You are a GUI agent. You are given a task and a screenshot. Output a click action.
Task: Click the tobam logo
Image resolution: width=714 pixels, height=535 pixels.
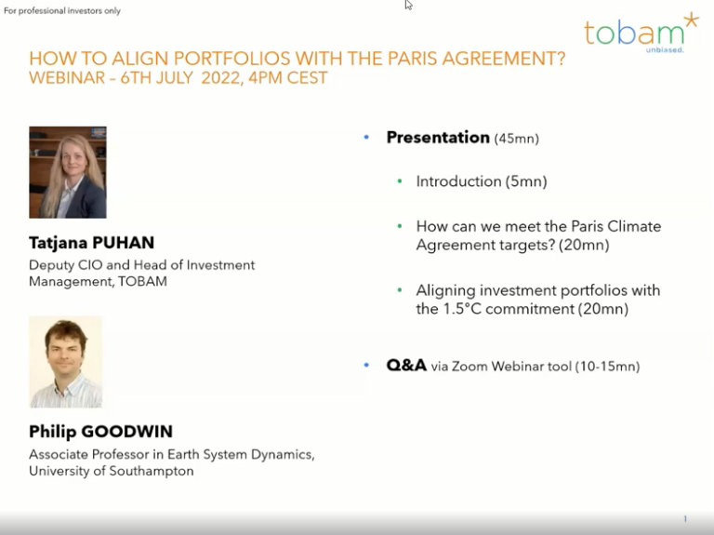coord(641,33)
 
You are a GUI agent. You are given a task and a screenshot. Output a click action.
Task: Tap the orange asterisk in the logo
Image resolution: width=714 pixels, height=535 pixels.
coord(692,20)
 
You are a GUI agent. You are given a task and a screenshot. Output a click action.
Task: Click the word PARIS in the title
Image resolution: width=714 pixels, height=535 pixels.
coord(412,59)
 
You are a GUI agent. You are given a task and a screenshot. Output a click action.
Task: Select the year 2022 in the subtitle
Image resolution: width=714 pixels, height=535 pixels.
coord(220,78)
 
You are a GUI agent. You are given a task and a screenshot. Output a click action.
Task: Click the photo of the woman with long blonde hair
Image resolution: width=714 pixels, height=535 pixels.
coord(68,172)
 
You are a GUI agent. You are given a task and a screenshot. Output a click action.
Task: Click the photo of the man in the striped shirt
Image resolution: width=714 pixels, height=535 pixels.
coord(66,362)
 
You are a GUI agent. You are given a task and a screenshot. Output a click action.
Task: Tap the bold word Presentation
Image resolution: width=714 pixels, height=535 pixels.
coord(438,137)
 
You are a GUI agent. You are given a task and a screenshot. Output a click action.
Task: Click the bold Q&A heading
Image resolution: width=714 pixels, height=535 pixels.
coord(406,365)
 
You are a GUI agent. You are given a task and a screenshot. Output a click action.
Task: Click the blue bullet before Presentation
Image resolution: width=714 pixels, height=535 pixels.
coord(366,137)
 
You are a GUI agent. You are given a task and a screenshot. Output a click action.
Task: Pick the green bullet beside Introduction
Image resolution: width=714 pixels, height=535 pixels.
coord(400,181)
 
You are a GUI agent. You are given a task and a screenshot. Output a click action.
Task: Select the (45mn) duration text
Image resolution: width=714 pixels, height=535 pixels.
coord(517,139)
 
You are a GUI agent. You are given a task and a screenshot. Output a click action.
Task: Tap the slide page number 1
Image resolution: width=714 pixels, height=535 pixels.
coord(685,518)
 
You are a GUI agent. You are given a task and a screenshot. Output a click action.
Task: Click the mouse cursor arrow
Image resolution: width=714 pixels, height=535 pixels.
coord(408,5)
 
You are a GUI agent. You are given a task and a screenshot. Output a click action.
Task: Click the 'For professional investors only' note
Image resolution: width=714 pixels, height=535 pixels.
coord(62,10)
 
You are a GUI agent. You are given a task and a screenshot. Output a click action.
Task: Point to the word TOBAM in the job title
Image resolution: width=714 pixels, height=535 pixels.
coord(142,281)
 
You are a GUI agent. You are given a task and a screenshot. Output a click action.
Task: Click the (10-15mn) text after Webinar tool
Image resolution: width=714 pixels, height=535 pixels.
coord(607,367)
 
